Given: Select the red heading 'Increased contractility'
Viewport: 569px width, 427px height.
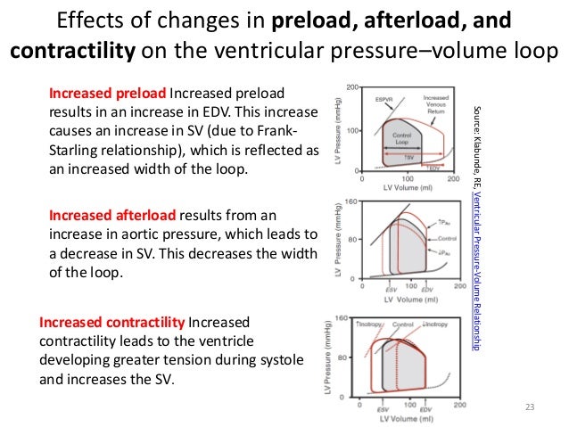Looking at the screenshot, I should point(111,321).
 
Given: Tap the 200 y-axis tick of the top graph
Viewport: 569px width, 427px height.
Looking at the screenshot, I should point(352,87).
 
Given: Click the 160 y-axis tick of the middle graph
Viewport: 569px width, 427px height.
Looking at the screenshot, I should point(351,202).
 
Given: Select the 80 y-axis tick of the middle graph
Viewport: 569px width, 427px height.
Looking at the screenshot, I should point(353,240).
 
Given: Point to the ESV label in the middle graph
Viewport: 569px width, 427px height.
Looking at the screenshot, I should point(389,288).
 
